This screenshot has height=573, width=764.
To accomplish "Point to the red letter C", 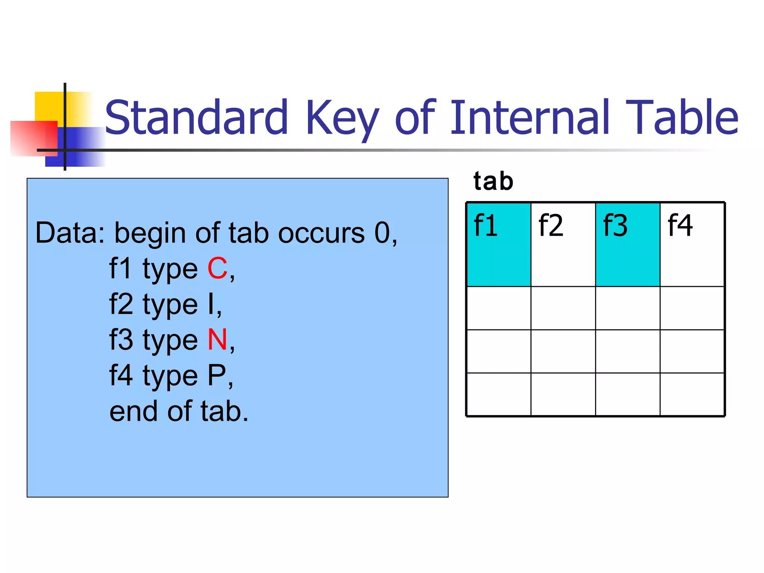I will click(x=217, y=268).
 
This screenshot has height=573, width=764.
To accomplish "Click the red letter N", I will click(x=217, y=340).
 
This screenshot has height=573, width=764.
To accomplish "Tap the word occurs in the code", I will click(x=321, y=233).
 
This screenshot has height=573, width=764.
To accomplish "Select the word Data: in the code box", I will click(x=70, y=233).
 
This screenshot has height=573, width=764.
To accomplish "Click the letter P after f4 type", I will click(x=217, y=375).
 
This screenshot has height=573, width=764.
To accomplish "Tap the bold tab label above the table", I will click(x=493, y=182).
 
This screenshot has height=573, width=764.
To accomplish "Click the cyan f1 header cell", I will click(x=499, y=244).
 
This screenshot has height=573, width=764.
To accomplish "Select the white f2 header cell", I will click(x=563, y=244).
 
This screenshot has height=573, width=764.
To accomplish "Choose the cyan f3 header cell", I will click(x=627, y=244).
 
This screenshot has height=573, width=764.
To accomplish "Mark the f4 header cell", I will click(x=692, y=244).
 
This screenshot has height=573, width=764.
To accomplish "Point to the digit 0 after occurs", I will click(x=382, y=233).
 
